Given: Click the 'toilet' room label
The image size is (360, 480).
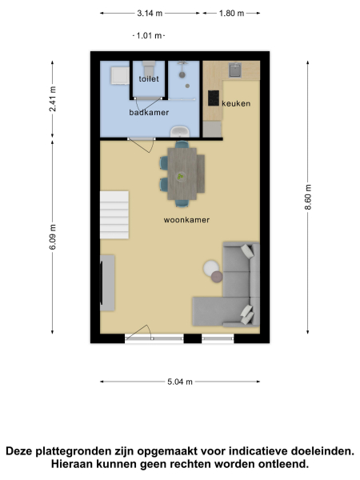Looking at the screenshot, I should click(149, 79).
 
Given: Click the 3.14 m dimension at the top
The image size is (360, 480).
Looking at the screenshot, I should click(150, 14).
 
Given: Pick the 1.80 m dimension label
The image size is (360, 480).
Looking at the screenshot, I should click(230, 14).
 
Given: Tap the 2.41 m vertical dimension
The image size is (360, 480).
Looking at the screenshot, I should click(53, 99).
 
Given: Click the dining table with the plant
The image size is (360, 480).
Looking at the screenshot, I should click(182, 173).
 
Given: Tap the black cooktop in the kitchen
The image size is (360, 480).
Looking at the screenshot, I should click(214, 98).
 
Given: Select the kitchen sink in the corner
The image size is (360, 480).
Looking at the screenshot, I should click(238, 70).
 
